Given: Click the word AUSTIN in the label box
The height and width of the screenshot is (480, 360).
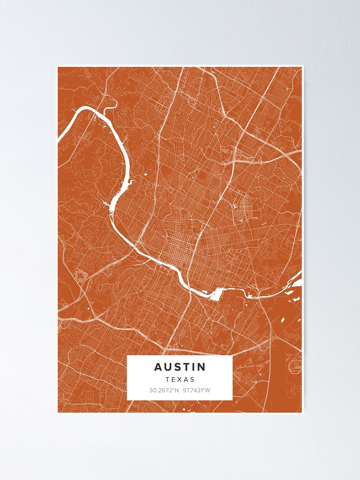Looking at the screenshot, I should coord(180,367).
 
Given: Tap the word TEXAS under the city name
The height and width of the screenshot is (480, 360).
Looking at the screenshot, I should coord(180,379).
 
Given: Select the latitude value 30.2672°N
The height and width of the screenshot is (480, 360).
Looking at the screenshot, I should coord(164,390).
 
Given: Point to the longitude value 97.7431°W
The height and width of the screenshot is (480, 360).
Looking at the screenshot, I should coord(196,390).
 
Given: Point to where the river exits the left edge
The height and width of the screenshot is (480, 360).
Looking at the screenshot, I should coord(60,139).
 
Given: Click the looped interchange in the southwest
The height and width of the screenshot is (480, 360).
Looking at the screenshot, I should coord(80,276).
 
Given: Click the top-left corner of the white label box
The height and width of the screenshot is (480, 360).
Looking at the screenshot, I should coord(127,356).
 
